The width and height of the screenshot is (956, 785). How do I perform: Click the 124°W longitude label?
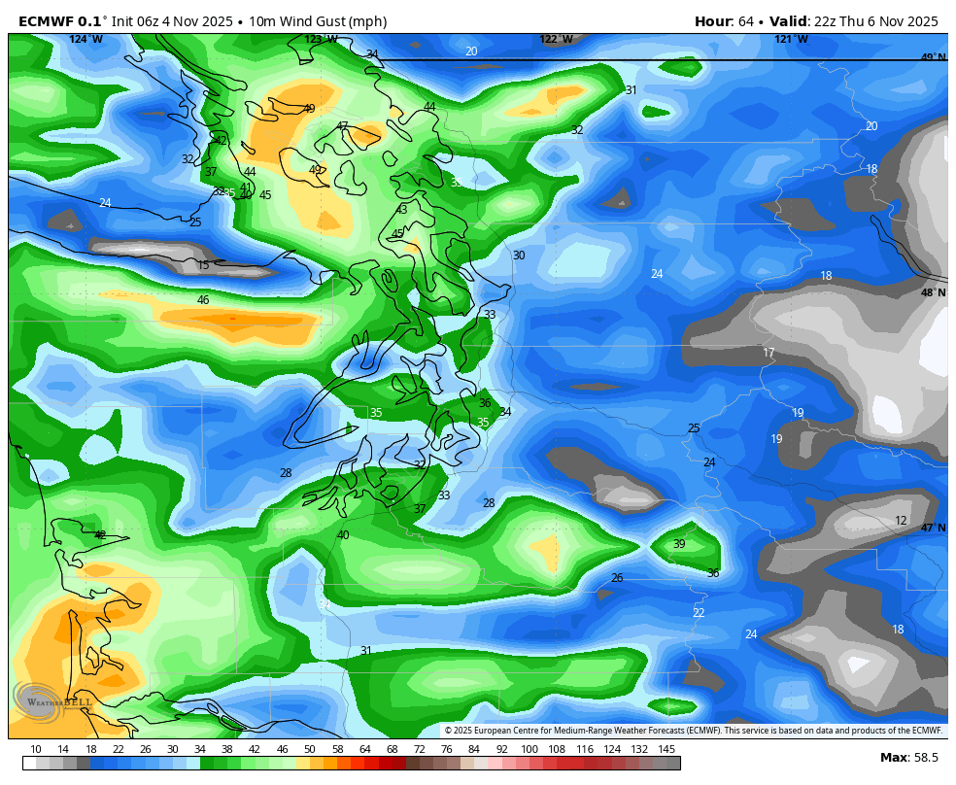(x=85, y=39)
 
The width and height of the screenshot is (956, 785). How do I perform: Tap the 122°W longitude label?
(x=556, y=39)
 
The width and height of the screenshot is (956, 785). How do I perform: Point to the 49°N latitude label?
(x=933, y=57)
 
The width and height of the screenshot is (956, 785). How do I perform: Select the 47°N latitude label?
(x=933, y=528)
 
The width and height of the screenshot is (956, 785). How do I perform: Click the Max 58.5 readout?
(x=908, y=757)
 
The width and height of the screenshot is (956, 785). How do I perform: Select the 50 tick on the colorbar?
(x=309, y=749)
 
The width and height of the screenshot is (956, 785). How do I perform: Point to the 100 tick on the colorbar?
(x=529, y=749)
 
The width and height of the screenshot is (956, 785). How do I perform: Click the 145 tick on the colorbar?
(x=666, y=749)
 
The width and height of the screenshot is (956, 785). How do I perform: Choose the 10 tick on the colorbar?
(x=36, y=749)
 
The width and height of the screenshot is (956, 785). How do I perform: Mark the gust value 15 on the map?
(x=203, y=265)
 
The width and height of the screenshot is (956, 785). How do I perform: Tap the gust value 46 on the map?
(x=203, y=300)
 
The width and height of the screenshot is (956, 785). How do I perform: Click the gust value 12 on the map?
(x=901, y=521)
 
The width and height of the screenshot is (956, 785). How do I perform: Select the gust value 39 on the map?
(x=679, y=544)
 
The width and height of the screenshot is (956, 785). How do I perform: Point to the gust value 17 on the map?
(x=768, y=353)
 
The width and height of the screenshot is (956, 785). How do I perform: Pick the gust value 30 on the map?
(x=519, y=256)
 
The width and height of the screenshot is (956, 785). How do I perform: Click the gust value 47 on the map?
(x=342, y=126)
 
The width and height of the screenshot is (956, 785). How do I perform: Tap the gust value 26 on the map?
(x=617, y=578)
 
